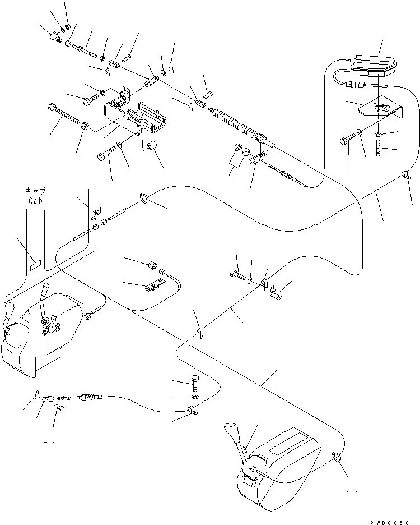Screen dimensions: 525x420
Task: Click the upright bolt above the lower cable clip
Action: tap(194, 384)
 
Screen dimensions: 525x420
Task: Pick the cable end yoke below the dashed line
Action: tap(49, 399)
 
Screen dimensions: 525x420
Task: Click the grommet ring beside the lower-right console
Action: tap(337, 457)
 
